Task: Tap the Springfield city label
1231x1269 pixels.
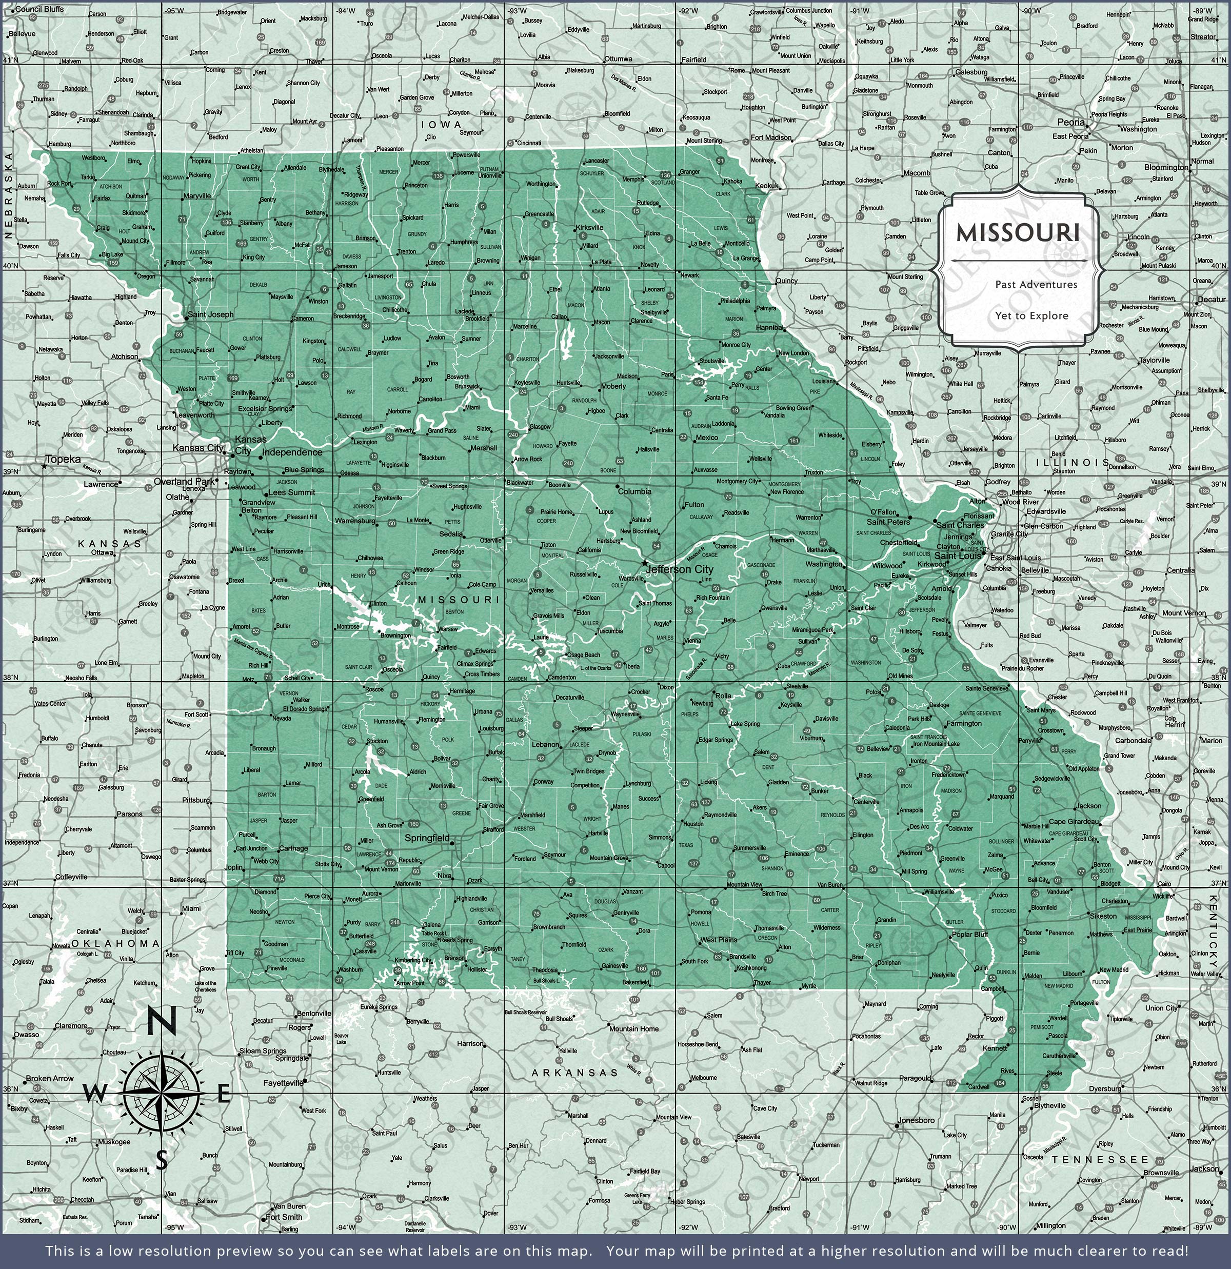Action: [x=427, y=838]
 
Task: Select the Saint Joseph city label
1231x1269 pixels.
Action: [x=210, y=314]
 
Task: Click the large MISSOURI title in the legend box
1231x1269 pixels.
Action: [x=1018, y=233]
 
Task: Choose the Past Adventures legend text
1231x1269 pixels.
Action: [x=1036, y=284]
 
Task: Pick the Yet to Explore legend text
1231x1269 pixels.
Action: [x=1031, y=316]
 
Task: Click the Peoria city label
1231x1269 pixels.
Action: [x=1070, y=123]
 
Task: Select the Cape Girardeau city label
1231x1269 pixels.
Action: [x=1074, y=822]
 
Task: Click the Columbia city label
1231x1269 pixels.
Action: [x=634, y=491]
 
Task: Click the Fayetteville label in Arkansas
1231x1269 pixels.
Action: [x=283, y=1082]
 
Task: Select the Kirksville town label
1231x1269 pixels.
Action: [x=589, y=228]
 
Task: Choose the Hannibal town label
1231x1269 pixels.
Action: [x=770, y=328]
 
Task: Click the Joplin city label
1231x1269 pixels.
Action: [x=234, y=867]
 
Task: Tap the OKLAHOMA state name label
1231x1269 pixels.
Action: [x=115, y=943]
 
